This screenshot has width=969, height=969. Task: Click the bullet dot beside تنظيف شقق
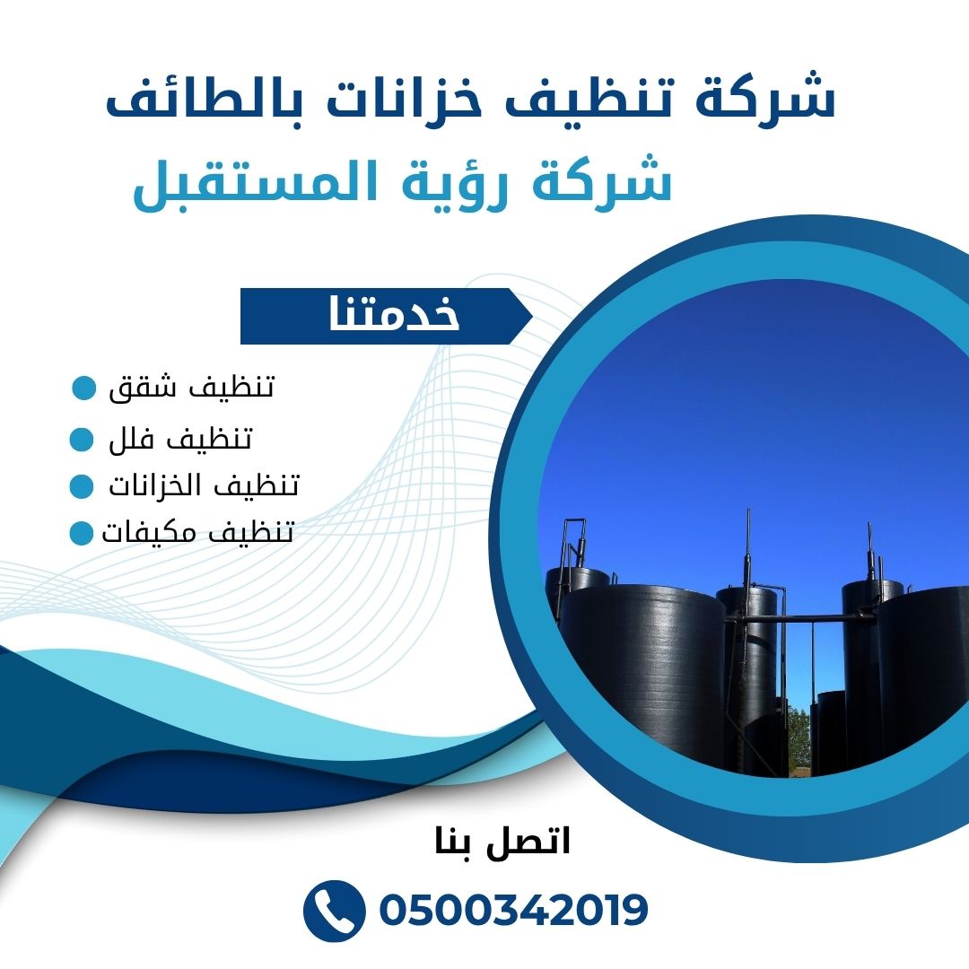(83, 388)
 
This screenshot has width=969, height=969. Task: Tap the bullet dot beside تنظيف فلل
(82, 439)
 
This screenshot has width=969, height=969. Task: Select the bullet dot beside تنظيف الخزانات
(82, 485)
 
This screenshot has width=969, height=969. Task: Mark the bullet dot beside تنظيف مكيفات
(81, 533)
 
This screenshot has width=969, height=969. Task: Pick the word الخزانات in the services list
(161, 485)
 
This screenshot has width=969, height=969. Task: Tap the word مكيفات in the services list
(154, 532)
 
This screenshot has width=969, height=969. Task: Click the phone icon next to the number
(334, 911)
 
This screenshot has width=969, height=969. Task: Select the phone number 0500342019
(513, 911)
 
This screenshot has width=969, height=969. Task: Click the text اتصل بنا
(502, 842)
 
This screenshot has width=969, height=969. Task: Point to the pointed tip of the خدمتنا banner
(532, 317)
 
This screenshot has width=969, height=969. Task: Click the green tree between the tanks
(799, 738)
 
